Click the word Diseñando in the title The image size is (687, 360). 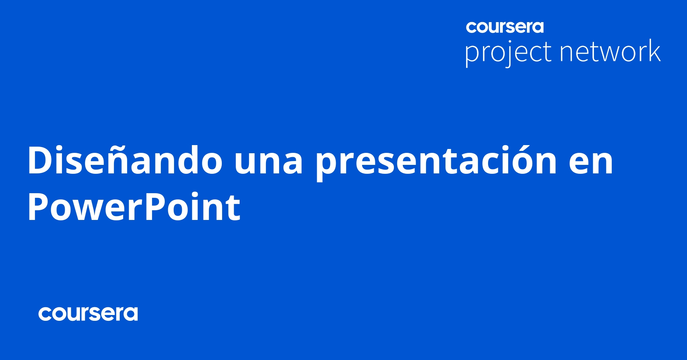click(124, 160)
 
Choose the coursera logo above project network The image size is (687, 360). click(505, 27)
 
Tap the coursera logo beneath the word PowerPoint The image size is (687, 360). click(88, 314)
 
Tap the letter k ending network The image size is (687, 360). click(653, 50)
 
